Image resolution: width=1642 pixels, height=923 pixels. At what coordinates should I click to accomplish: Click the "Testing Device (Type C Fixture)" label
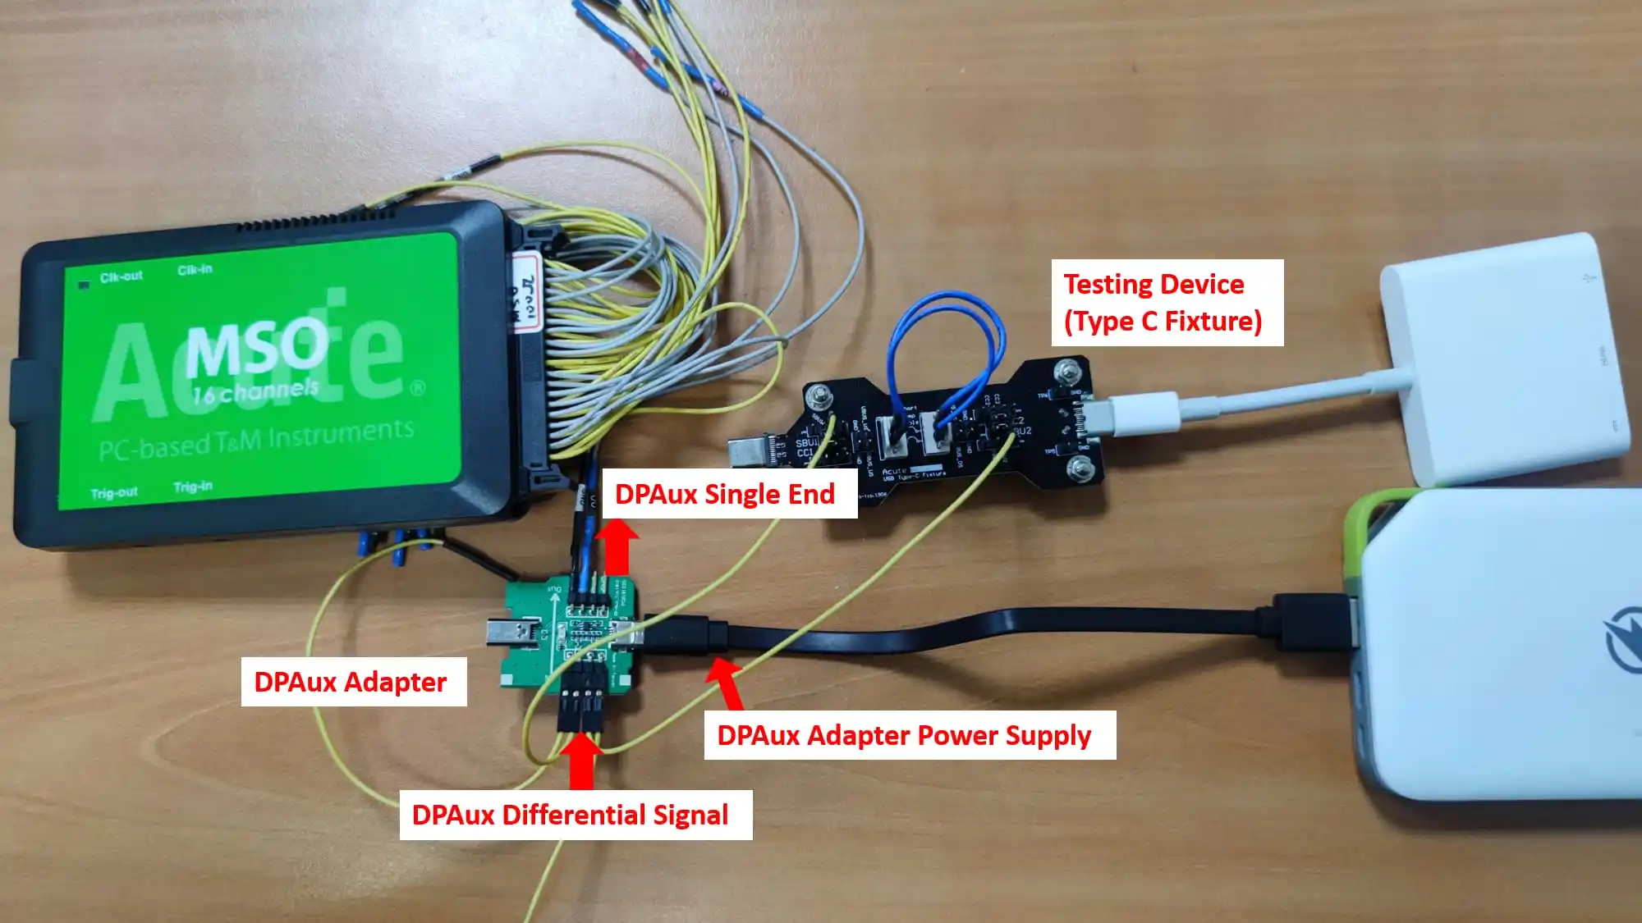(1166, 303)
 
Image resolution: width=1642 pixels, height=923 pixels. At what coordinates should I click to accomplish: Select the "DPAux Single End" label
(726, 494)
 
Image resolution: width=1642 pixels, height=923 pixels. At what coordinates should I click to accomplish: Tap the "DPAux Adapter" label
(352, 682)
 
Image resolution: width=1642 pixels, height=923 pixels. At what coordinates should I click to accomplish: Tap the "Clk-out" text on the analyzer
(121, 277)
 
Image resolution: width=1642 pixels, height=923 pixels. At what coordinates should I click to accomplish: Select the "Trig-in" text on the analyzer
(192, 487)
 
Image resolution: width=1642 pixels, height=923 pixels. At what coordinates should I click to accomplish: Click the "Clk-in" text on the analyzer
(195, 269)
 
